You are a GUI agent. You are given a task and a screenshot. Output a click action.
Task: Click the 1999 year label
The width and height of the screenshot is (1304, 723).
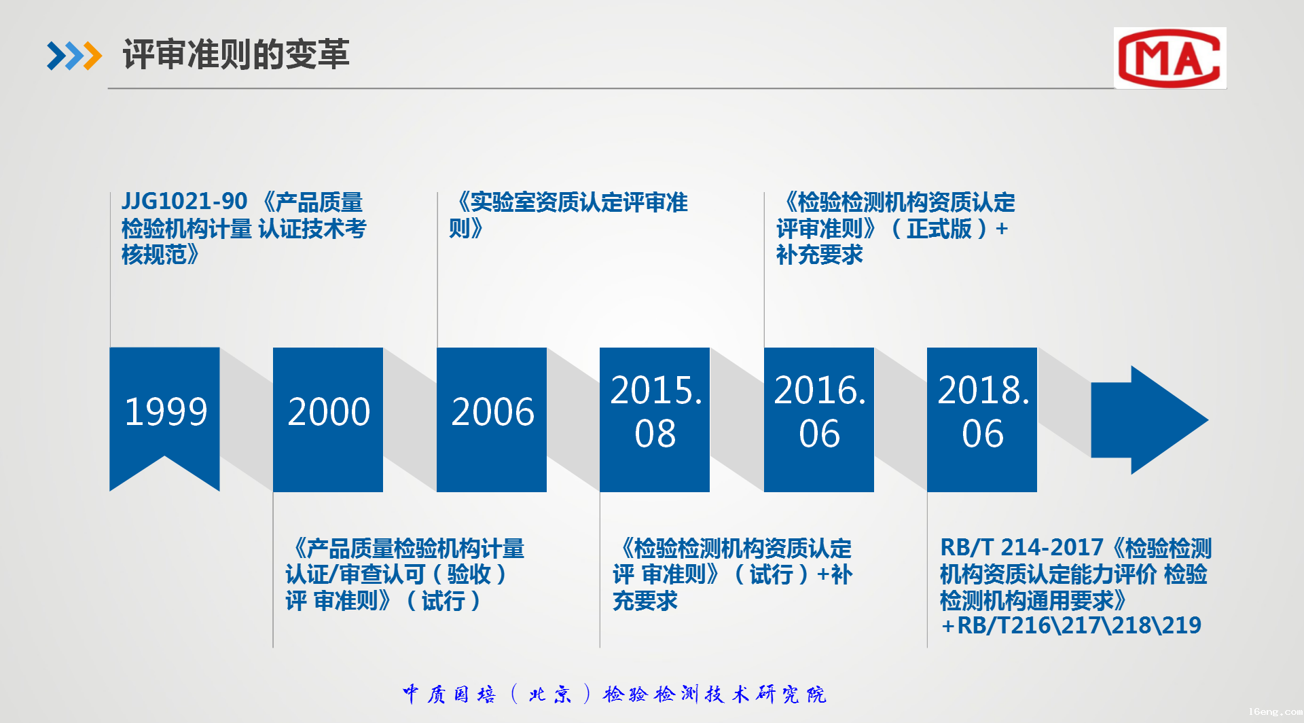point(166,411)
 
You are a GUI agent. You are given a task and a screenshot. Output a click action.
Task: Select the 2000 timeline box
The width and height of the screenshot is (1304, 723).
point(328,420)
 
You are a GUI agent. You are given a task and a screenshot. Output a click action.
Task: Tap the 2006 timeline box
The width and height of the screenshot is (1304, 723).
point(492,420)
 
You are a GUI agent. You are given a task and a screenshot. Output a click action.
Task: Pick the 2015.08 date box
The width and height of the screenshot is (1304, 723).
point(655,420)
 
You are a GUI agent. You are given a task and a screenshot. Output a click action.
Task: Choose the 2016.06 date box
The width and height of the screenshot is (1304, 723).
point(819,420)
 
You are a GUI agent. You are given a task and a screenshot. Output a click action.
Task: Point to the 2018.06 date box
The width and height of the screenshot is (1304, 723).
point(982,420)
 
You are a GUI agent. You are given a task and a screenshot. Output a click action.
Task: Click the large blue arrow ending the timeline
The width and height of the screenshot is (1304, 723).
point(1149,420)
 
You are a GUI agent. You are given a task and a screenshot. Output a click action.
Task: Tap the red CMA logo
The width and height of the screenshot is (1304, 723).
point(1170,58)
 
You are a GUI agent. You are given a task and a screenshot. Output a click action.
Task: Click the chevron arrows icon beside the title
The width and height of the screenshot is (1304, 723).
point(74,56)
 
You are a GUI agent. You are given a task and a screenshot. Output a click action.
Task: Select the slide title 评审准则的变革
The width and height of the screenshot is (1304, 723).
point(236,54)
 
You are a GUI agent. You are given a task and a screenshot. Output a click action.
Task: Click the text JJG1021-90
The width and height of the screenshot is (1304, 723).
point(184,202)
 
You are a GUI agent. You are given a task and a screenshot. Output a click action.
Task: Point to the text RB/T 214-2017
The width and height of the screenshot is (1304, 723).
point(1021,547)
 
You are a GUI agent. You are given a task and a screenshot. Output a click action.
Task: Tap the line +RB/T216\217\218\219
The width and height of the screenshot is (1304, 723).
point(1071,625)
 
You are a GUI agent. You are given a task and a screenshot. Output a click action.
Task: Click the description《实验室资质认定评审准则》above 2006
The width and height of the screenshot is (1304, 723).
point(569,215)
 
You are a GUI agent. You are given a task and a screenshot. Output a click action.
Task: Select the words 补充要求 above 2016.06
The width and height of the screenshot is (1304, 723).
point(820,255)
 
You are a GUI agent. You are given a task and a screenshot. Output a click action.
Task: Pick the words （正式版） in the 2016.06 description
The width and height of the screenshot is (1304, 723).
point(939,229)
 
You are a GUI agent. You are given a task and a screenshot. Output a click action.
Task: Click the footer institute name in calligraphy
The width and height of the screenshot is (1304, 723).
point(614,694)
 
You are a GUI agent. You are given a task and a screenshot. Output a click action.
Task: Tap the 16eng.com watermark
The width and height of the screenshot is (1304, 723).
point(1275,711)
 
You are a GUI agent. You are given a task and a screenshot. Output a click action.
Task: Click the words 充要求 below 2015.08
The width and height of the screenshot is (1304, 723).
point(645,601)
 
